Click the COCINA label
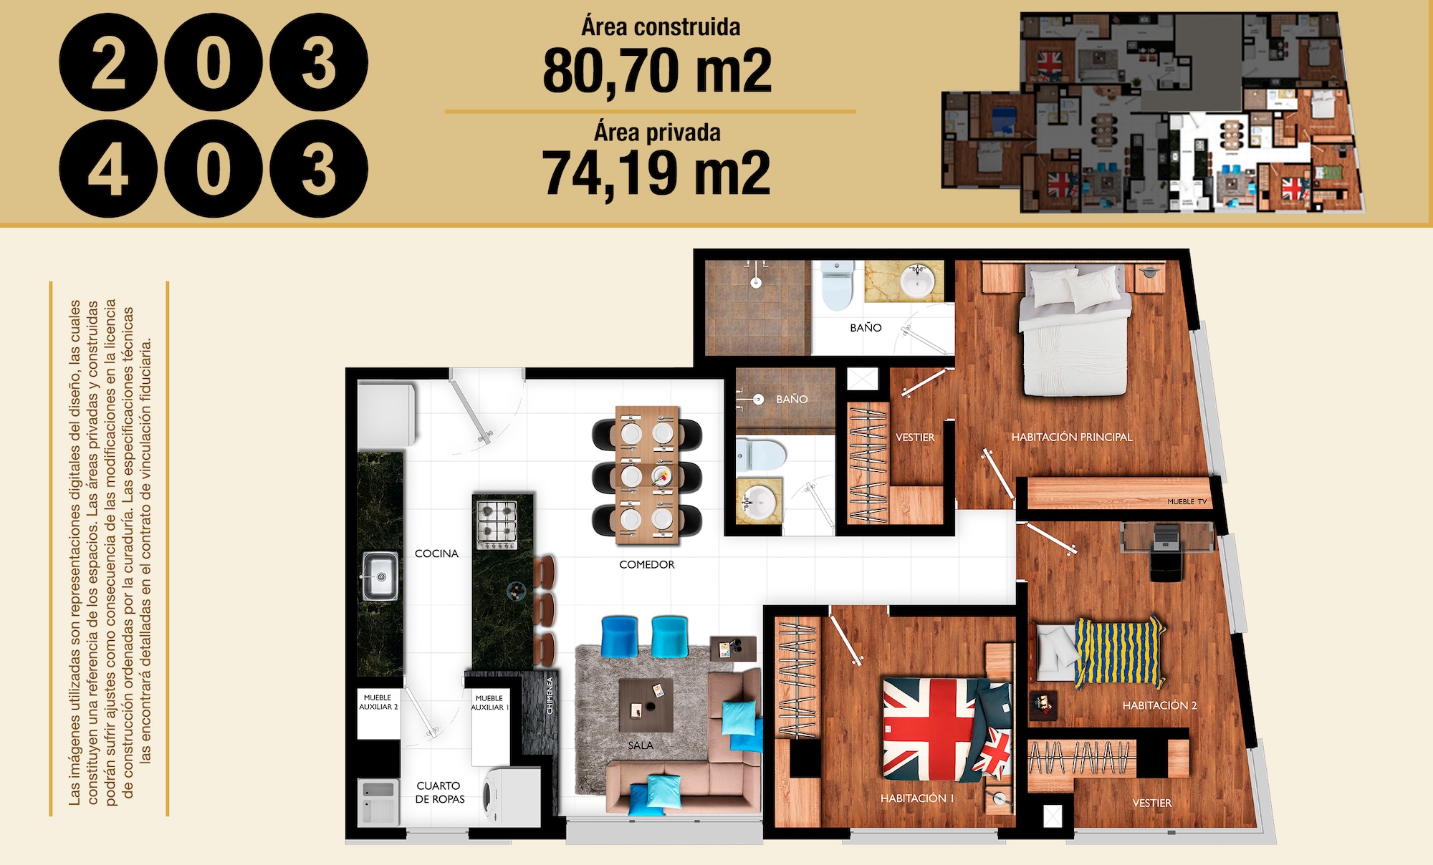coord(436,554)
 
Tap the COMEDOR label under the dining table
coord(647,564)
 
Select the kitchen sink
coord(380,576)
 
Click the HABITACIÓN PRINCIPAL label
coord(1072,437)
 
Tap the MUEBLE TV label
coord(1187,501)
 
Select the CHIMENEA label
coord(550,695)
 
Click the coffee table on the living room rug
coord(646,705)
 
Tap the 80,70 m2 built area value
coord(657,70)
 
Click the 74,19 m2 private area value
coord(656,173)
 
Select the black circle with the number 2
coord(108,62)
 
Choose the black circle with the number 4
coord(108,169)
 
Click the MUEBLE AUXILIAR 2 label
coord(378,702)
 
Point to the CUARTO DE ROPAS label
coord(440,792)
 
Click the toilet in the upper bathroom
coord(838,285)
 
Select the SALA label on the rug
coord(641,745)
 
